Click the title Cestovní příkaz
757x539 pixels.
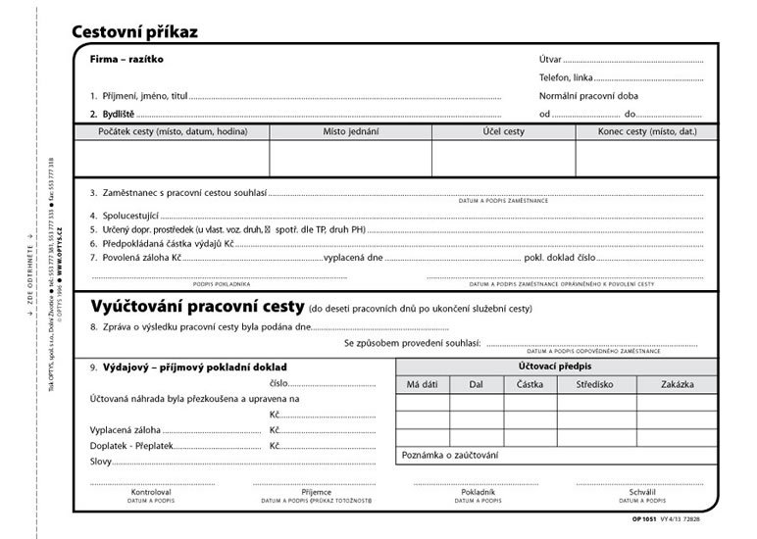pyautogui.click(x=134, y=32)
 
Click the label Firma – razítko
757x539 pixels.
pyautogui.click(x=126, y=59)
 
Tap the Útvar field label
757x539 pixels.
pyautogui.click(x=550, y=60)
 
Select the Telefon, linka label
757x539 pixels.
pyautogui.click(x=566, y=77)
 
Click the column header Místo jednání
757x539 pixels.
pyautogui.click(x=350, y=131)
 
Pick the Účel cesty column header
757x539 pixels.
pyautogui.click(x=503, y=131)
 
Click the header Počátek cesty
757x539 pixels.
pyautogui.click(x=171, y=131)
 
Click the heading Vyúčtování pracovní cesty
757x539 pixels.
pyautogui.click(x=197, y=305)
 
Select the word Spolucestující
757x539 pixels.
pyautogui.click(x=130, y=215)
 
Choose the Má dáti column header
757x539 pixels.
pyautogui.click(x=423, y=384)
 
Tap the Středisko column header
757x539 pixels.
pyautogui.click(x=596, y=384)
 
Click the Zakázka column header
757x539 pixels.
pyautogui.click(x=677, y=384)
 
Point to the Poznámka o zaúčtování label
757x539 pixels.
pyautogui.click(x=449, y=456)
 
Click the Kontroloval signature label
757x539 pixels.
pyautogui.click(x=150, y=491)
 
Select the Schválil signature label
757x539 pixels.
pyautogui.click(x=642, y=491)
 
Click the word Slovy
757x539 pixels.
pyautogui.click(x=101, y=461)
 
